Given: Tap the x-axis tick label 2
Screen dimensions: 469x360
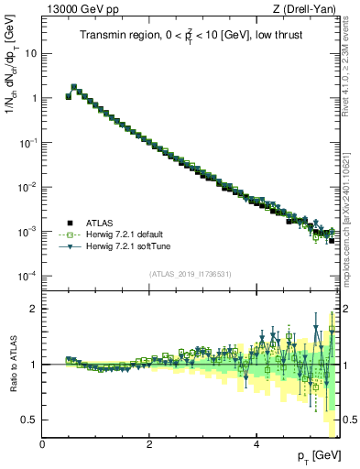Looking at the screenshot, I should pos(149,444).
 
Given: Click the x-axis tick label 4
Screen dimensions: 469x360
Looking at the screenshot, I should pos(256,444).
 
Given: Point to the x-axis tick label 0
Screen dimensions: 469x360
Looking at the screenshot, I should pos(42,444).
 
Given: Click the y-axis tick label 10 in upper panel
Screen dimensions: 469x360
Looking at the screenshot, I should pos(30,53).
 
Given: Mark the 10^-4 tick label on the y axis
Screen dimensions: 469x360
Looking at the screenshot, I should pos(27,277).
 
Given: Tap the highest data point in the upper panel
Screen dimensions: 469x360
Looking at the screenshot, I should pos(74,87).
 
